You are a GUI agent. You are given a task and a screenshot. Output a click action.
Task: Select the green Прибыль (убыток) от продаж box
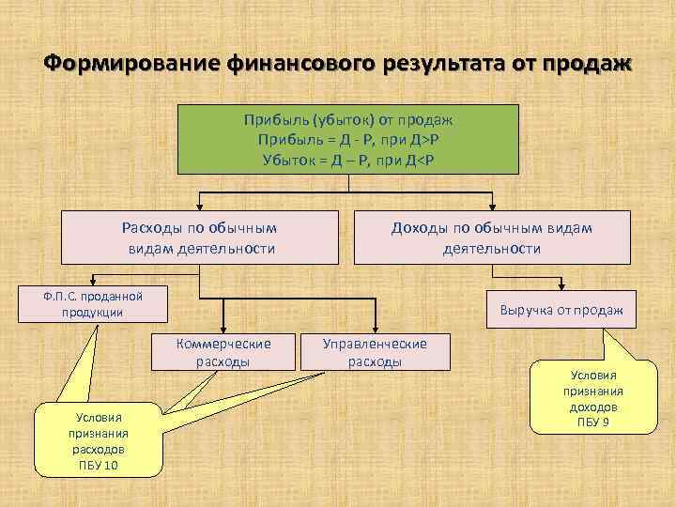[x=348, y=138]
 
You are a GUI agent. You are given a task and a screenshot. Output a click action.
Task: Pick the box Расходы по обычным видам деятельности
[x=200, y=238]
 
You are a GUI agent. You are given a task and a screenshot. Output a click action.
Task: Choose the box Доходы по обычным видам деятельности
[x=491, y=238]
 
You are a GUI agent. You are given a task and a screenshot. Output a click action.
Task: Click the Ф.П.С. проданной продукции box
[x=92, y=302]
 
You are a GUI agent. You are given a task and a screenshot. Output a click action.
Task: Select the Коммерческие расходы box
[x=223, y=351]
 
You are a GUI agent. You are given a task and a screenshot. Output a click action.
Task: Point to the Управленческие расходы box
[x=375, y=351]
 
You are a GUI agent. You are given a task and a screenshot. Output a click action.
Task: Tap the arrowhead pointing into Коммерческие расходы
[x=223, y=327]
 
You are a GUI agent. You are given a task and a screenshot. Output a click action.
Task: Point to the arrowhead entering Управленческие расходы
[x=375, y=327]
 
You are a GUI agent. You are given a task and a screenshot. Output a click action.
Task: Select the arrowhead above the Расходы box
[x=200, y=205]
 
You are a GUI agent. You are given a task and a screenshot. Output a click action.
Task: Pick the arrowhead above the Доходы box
[x=493, y=205]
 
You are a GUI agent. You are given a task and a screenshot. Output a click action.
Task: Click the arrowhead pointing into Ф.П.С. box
[x=92, y=280]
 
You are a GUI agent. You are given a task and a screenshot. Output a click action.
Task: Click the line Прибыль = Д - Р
[x=348, y=139]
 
